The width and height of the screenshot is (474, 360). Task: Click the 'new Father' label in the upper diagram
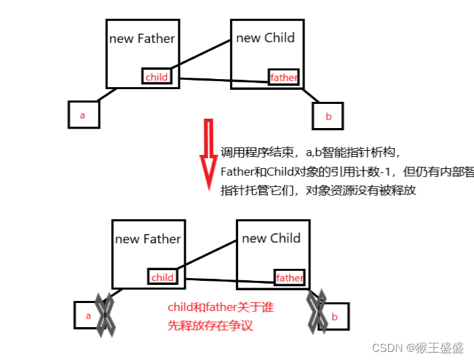pyautogui.click(x=141, y=38)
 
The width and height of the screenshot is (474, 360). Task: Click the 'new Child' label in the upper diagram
pyautogui.click(x=265, y=38)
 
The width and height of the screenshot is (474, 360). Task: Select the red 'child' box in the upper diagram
pyautogui.click(x=156, y=76)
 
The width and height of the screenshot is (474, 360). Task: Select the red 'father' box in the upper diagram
pyautogui.click(x=283, y=77)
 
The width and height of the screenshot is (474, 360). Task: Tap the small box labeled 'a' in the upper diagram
pyautogui.click(x=83, y=115)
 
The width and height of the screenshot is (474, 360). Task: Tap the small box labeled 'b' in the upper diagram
pyautogui.click(x=328, y=116)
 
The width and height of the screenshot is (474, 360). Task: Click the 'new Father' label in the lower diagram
pyautogui.click(x=147, y=239)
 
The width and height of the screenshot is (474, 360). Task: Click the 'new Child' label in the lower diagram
pyautogui.click(x=272, y=238)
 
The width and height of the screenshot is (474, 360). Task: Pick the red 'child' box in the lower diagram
pyautogui.click(x=162, y=277)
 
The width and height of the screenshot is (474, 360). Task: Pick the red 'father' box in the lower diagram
pyautogui.click(x=289, y=278)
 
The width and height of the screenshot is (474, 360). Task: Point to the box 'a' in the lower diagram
pyautogui.click(x=87, y=314)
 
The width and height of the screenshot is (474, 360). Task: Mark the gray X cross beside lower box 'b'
pyautogui.click(x=316, y=310)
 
